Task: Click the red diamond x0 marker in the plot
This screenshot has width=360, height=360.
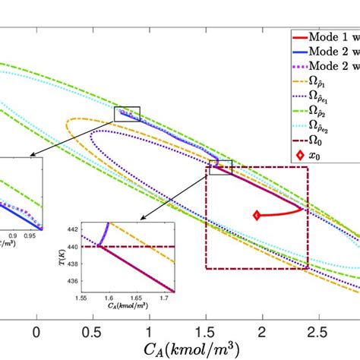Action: [257, 216]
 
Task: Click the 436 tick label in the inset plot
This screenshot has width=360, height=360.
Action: [71, 281]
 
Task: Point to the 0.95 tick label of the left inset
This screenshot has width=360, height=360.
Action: [32, 235]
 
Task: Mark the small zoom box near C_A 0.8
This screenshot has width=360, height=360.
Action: [127, 114]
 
